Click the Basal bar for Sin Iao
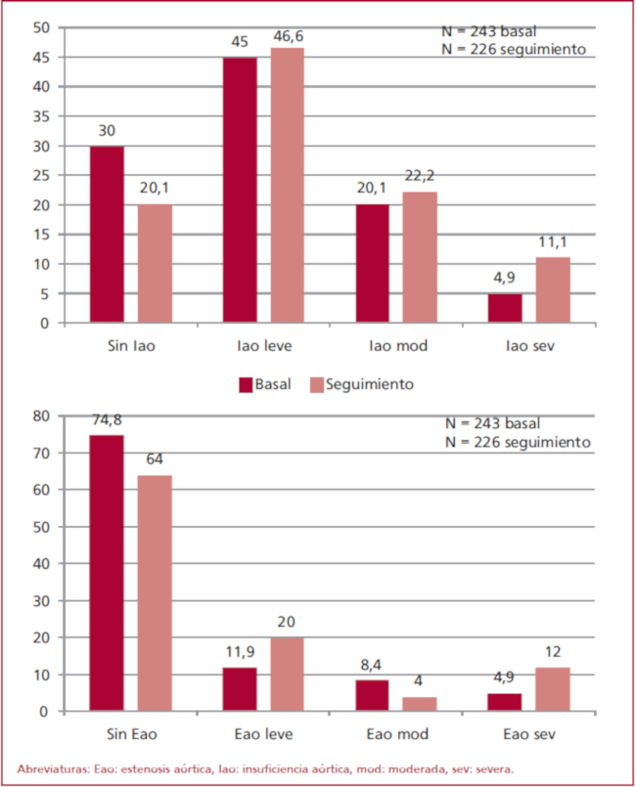(x=107, y=235)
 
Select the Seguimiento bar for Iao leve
(x=288, y=185)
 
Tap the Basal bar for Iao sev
(x=505, y=308)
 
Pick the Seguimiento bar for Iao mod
(x=421, y=257)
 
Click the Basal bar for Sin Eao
(x=107, y=573)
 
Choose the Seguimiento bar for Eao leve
(x=288, y=675)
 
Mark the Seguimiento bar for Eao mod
(x=421, y=704)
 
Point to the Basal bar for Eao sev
(x=505, y=702)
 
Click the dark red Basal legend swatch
(x=246, y=384)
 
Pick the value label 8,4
(x=373, y=666)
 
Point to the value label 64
(x=155, y=460)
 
